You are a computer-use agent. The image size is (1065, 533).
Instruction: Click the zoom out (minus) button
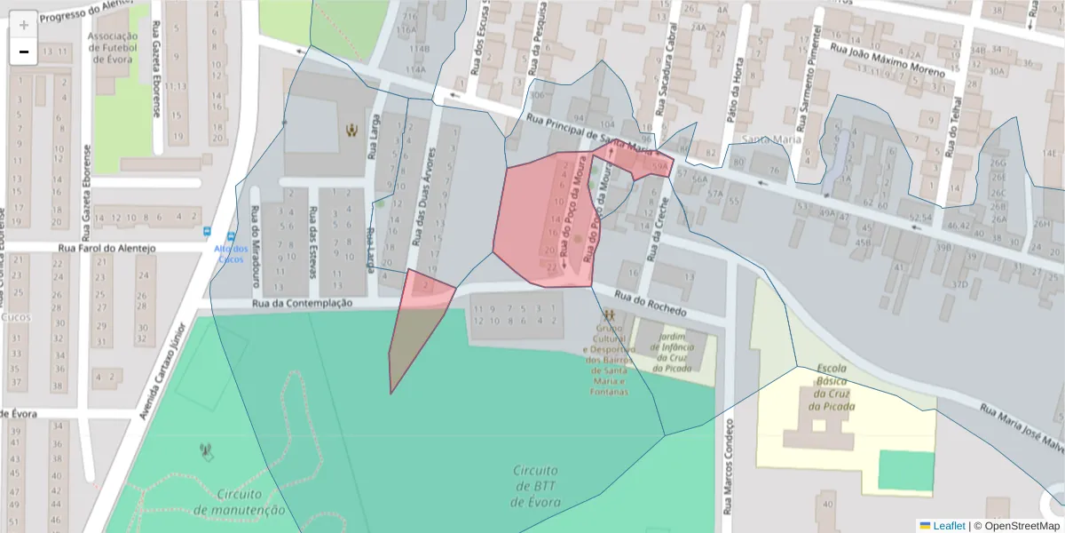click(x=24, y=52)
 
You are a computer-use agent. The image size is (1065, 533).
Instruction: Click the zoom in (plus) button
click(x=24, y=24)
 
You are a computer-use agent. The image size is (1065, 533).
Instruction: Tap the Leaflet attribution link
click(x=949, y=525)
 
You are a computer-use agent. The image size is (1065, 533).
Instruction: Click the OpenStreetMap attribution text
click(x=1022, y=525)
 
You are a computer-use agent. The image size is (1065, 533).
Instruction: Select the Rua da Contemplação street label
click(x=302, y=303)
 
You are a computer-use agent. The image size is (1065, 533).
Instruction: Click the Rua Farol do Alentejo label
click(x=106, y=249)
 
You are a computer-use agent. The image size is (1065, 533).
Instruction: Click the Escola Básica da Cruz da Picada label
click(x=832, y=387)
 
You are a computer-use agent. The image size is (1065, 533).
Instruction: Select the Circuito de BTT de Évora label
click(x=535, y=486)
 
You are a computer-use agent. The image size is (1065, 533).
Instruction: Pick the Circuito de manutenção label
click(x=239, y=502)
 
